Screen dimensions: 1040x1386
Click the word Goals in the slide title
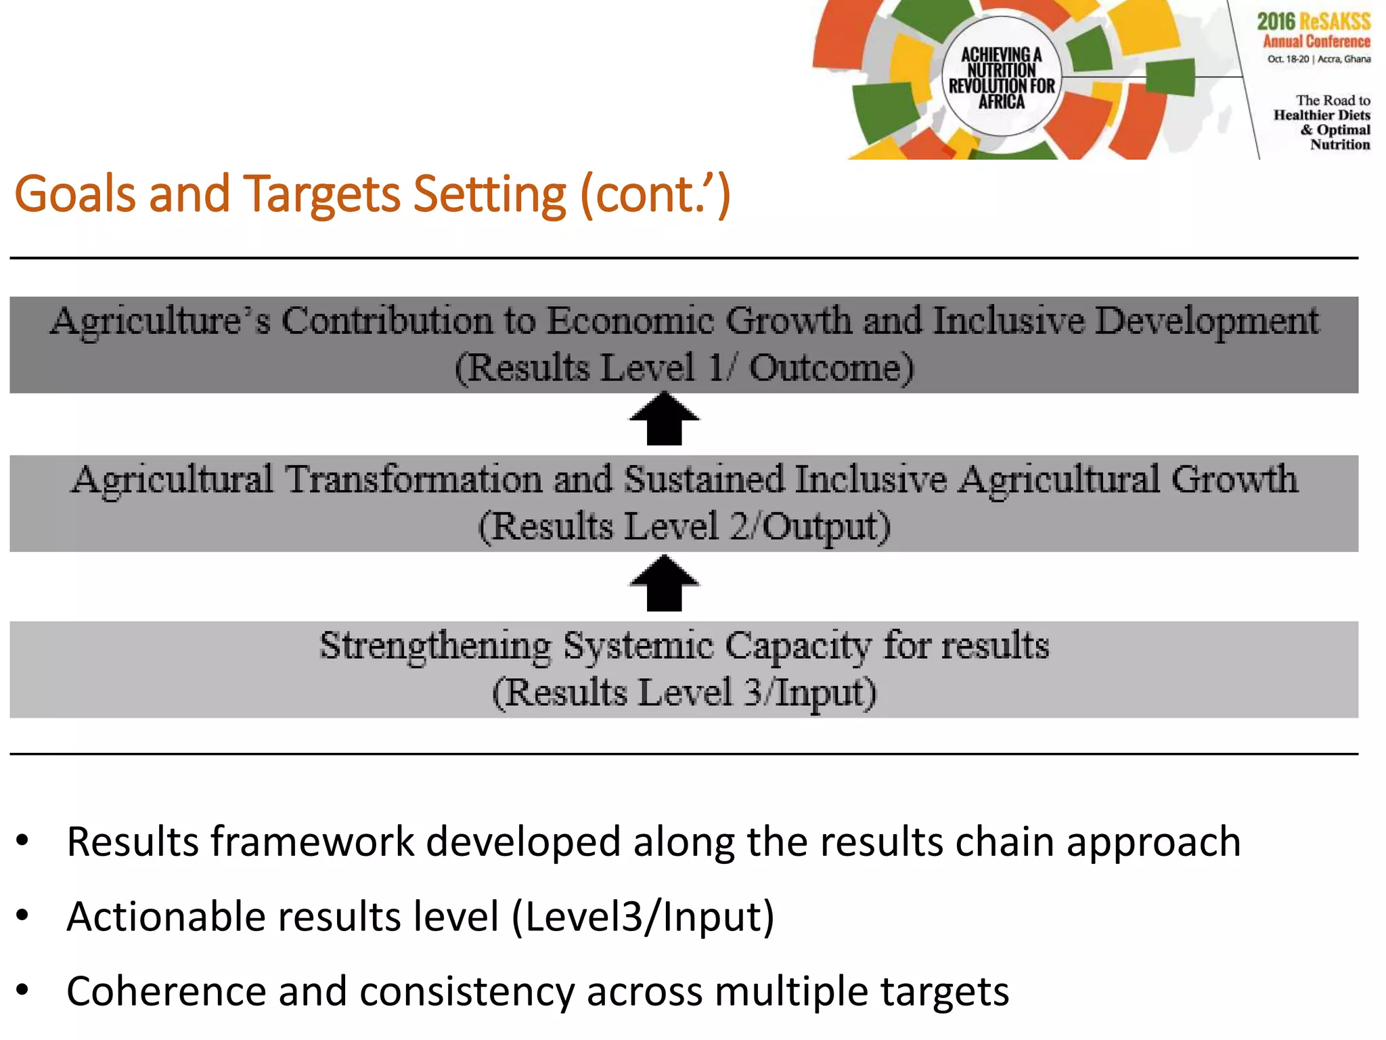(74, 194)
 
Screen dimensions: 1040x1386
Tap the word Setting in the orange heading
(489, 194)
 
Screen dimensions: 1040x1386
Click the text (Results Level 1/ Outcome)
(684, 368)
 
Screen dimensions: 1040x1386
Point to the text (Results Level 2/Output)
(684, 527)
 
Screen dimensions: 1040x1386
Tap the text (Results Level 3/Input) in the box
(684, 693)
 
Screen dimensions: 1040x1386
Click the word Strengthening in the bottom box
(435, 645)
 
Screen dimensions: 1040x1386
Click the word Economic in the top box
(629, 320)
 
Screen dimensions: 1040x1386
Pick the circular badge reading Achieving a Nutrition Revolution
(1001, 77)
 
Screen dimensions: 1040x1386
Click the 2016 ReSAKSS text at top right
(1313, 21)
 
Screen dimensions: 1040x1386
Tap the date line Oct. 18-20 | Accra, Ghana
(1318, 59)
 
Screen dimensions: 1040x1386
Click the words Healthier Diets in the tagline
(1321, 115)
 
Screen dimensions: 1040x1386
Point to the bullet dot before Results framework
(23, 842)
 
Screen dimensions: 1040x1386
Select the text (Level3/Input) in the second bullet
(642, 916)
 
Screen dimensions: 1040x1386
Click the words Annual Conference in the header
(1316, 41)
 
